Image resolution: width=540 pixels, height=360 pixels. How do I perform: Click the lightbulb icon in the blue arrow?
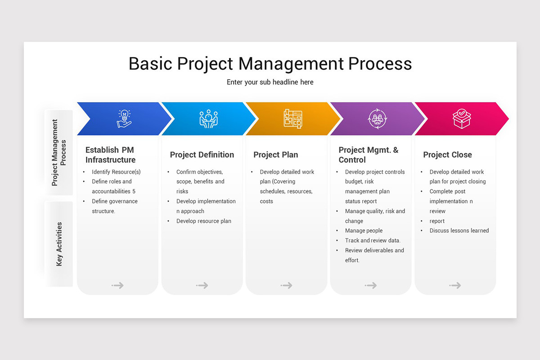(x=124, y=119)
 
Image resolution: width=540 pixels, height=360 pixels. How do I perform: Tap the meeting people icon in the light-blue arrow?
(x=208, y=119)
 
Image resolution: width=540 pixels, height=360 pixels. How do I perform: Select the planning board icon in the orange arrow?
(x=293, y=119)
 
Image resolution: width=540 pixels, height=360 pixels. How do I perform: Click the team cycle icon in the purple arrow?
(x=377, y=119)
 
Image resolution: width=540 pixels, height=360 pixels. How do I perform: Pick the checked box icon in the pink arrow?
(x=462, y=119)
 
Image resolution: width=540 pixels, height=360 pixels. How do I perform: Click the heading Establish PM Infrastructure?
(x=110, y=155)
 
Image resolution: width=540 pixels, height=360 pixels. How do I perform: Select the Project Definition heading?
(x=202, y=155)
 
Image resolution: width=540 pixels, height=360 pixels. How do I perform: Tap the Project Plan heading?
(x=275, y=155)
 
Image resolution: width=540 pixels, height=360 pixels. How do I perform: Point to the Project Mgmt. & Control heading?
(x=368, y=155)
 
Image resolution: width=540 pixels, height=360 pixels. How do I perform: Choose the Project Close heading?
(x=447, y=155)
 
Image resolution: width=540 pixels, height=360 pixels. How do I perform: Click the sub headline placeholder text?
(x=270, y=82)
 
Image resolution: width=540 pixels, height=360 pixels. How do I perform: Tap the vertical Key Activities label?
(x=59, y=244)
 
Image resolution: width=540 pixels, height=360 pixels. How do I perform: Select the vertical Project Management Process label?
(x=59, y=153)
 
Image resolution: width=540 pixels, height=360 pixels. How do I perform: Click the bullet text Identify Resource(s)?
(x=116, y=172)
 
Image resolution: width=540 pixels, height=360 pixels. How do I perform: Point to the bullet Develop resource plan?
(x=203, y=221)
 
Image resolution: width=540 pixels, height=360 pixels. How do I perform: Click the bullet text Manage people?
(x=364, y=231)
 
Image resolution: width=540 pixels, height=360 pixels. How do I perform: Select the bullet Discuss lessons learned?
(x=459, y=231)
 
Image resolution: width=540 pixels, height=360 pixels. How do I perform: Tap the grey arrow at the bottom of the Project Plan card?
(x=287, y=285)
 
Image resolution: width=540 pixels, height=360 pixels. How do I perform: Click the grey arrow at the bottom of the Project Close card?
(x=455, y=285)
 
